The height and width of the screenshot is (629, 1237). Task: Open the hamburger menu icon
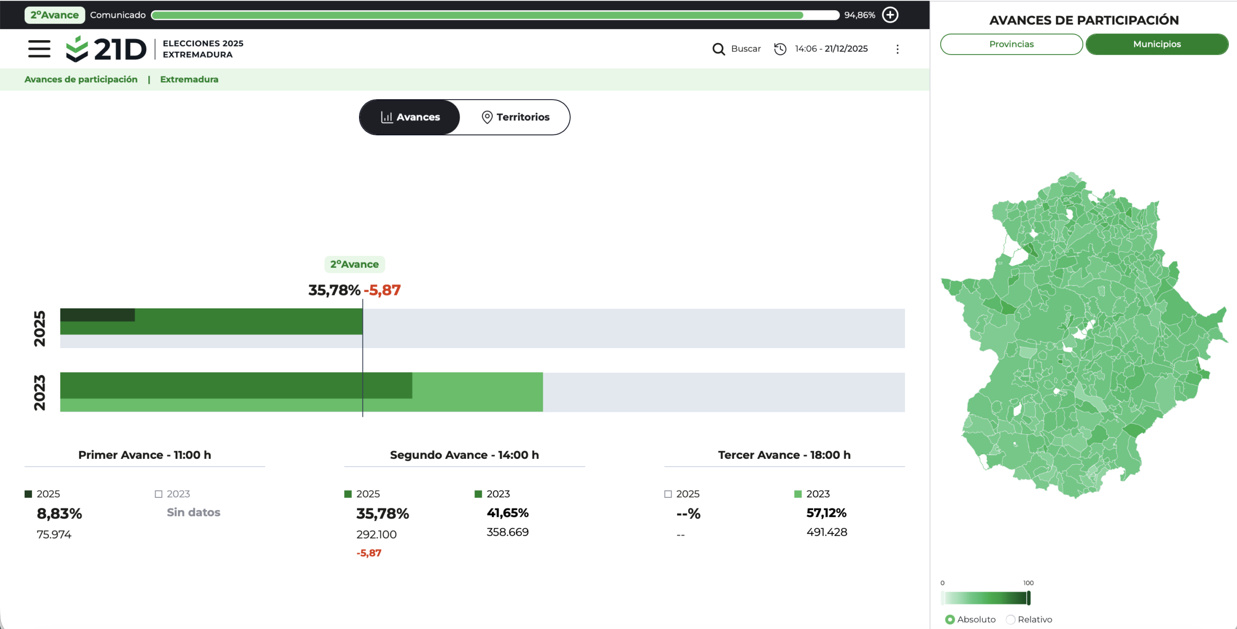39,49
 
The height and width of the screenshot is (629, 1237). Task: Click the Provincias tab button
1011,44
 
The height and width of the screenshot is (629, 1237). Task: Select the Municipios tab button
1157,44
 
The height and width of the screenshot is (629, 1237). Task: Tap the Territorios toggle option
516,117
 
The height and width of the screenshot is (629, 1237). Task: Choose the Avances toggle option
410,117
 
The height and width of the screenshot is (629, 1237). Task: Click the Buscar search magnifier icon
719,49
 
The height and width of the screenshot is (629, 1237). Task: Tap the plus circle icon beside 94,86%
890,15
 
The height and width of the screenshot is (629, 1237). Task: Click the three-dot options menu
897,49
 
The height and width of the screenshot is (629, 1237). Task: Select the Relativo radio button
1010,619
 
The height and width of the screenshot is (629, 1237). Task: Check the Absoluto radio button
950,619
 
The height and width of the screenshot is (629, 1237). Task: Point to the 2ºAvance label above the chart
355,264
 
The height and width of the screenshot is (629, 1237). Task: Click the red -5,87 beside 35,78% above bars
382,290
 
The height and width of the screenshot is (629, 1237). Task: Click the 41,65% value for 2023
508,513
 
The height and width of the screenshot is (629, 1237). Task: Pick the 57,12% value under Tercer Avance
827,513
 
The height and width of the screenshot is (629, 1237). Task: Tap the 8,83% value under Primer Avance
59,513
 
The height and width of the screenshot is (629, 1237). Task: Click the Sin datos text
194,512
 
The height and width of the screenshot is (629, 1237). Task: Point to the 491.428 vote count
827,532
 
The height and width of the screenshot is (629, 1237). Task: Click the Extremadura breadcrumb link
189,79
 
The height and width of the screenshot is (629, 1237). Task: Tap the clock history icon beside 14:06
780,49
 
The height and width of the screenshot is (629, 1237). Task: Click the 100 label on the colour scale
1028,583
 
